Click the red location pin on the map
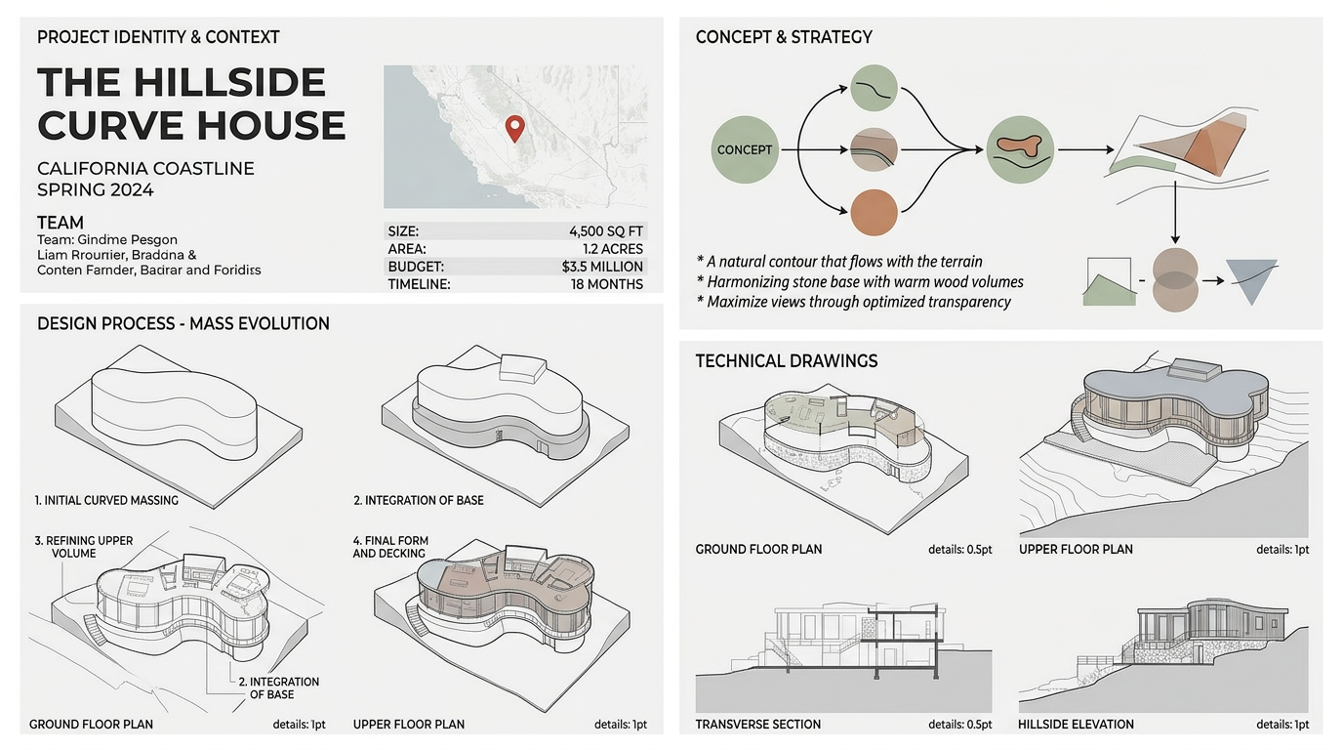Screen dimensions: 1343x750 [514, 128]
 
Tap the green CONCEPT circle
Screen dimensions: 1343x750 [745, 149]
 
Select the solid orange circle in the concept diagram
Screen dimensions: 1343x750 [875, 212]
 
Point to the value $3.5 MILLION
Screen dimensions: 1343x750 [602, 267]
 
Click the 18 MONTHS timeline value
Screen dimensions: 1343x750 [607, 284]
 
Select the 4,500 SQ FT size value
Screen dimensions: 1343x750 [605, 231]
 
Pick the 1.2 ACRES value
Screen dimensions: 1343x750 [613, 249]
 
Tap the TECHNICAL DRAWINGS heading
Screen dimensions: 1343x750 [786, 360]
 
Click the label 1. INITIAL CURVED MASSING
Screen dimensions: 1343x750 [106, 500]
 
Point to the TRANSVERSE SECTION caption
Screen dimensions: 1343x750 [757, 725]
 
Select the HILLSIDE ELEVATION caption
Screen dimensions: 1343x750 [1076, 725]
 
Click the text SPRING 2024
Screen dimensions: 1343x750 [96, 190]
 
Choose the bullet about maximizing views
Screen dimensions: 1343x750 [854, 301]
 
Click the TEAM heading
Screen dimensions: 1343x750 [60, 223]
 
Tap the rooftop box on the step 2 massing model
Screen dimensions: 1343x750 [523, 367]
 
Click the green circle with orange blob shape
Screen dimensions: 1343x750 [1020, 149]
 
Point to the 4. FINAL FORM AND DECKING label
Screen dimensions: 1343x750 [390, 547]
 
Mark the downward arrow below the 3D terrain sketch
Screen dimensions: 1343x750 [1175, 213]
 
